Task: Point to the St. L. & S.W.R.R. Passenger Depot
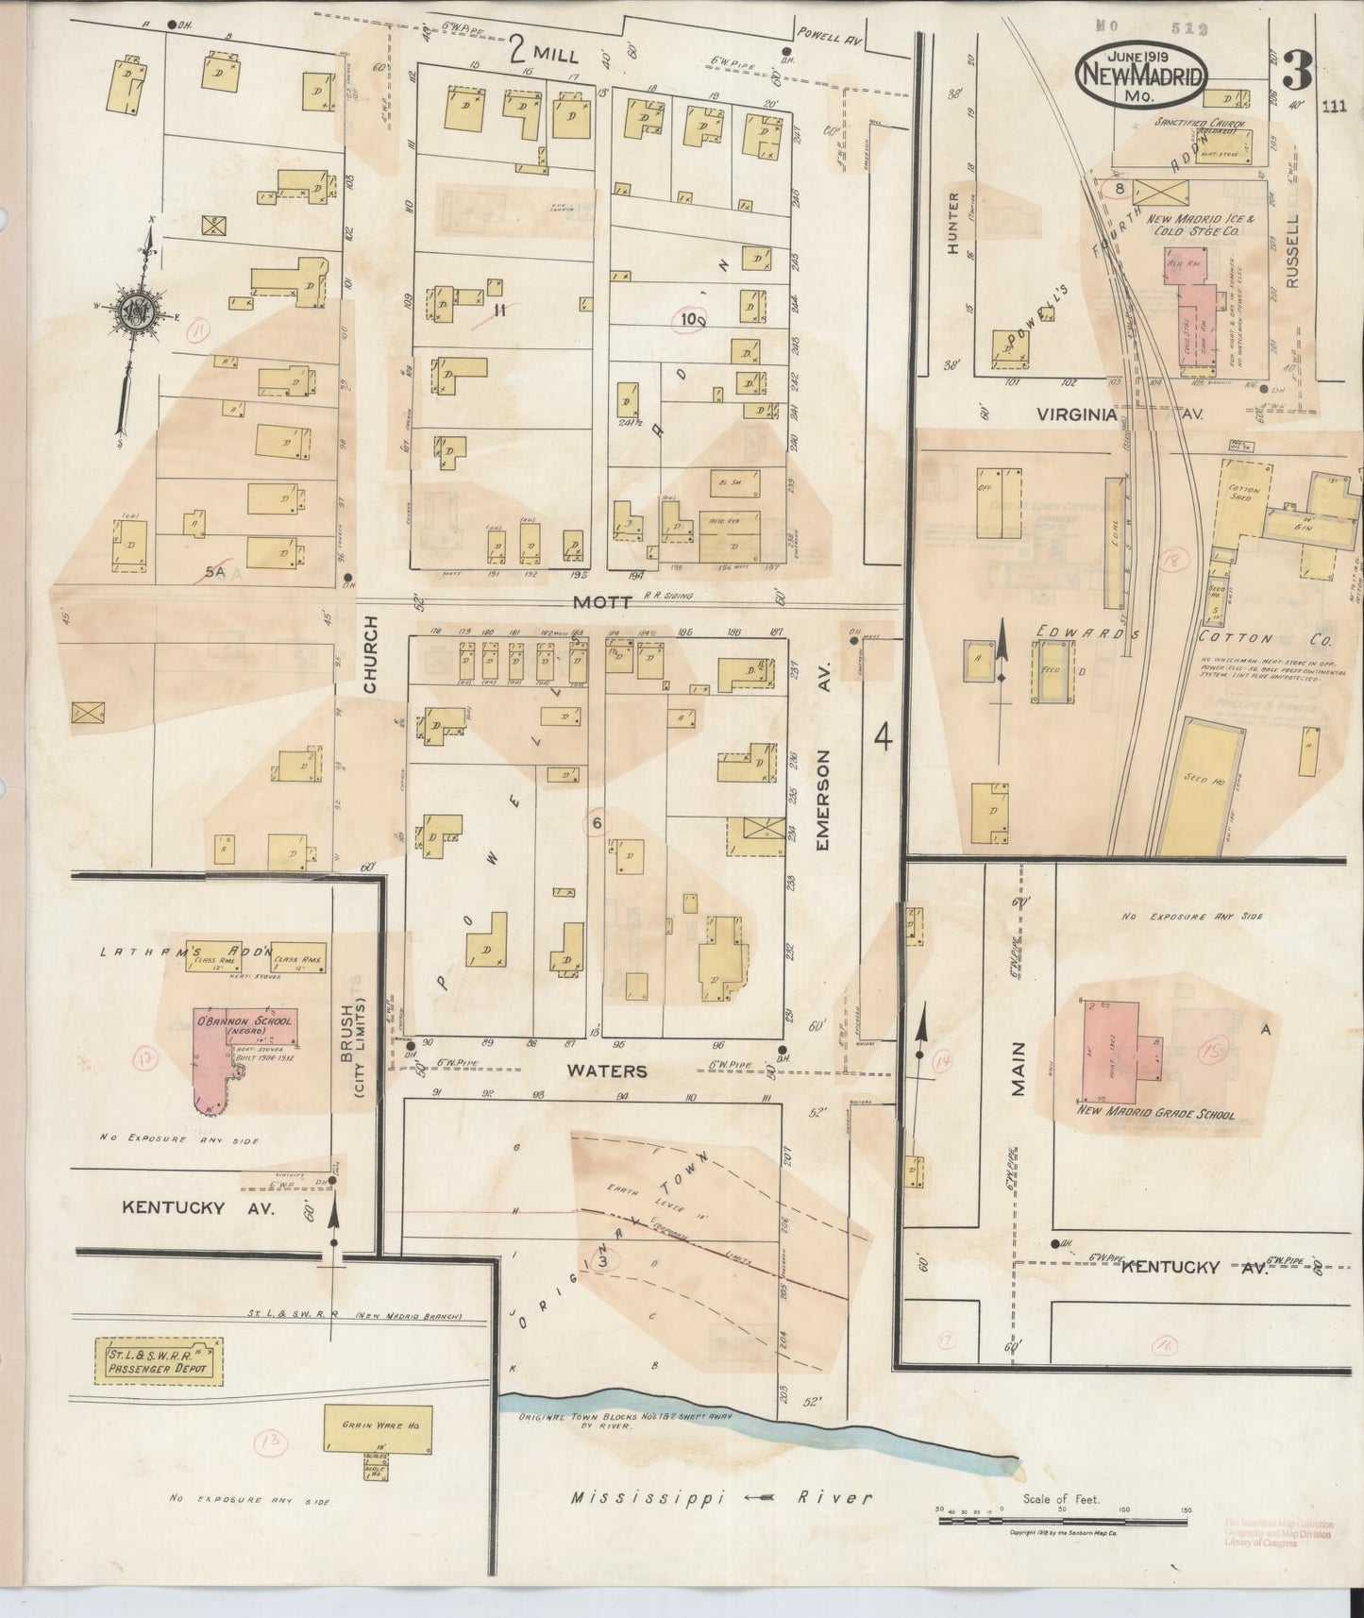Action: point(159,1361)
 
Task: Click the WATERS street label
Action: point(620,1070)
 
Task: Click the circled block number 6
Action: point(597,823)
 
